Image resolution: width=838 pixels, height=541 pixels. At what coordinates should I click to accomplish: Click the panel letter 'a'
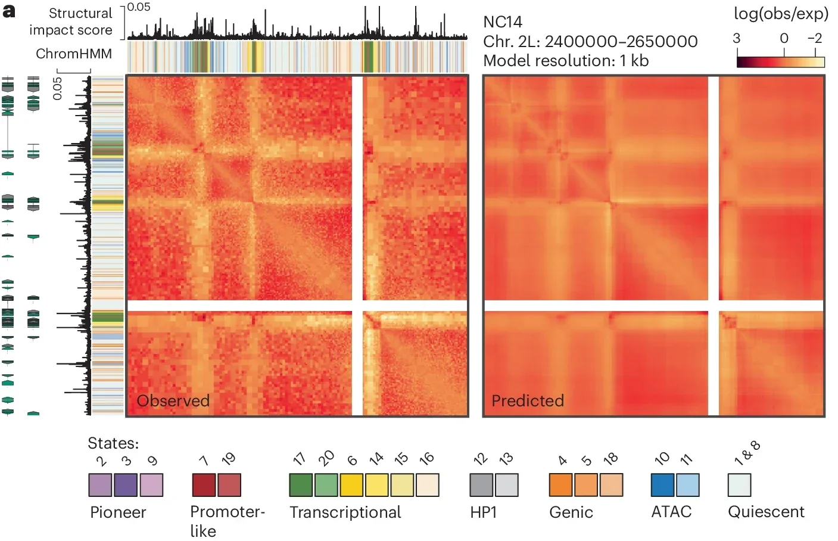click(x=9, y=11)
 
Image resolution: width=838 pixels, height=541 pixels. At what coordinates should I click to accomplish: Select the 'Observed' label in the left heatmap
click(x=173, y=400)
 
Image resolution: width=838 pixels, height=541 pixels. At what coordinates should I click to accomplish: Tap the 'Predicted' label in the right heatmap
click(x=527, y=400)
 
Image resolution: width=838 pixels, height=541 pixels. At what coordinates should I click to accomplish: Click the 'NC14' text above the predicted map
click(x=503, y=22)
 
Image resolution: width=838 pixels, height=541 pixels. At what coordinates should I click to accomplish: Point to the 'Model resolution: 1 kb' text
click(x=566, y=61)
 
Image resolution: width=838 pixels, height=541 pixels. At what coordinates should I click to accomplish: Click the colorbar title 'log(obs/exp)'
click(x=781, y=14)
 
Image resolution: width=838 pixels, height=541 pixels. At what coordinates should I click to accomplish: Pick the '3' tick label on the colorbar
click(x=737, y=39)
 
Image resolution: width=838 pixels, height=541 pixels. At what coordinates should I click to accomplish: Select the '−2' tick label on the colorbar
click(x=814, y=39)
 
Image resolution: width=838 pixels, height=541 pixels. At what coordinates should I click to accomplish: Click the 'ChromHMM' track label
click(x=74, y=54)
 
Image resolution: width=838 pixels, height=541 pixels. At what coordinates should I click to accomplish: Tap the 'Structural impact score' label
click(x=71, y=21)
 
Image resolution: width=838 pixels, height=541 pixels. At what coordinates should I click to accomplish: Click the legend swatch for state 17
click(x=301, y=485)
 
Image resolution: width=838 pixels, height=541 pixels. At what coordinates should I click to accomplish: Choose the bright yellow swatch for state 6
click(x=351, y=485)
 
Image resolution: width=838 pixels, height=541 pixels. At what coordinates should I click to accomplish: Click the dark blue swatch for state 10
click(x=662, y=485)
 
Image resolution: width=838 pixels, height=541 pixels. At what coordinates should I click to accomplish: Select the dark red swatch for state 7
click(x=204, y=485)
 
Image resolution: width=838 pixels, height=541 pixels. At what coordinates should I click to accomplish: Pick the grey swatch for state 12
click(x=481, y=485)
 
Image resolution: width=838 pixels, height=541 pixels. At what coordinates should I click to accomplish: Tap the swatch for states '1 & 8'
click(x=739, y=485)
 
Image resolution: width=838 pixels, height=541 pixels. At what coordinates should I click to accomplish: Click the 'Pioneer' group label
click(x=118, y=512)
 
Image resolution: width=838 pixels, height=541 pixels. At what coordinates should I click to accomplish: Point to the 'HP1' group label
click(x=483, y=512)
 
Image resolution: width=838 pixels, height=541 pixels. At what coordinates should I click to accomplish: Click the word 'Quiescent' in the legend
click(x=766, y=512)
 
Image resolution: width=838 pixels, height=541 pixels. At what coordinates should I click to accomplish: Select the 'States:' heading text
click(x=113, y=443)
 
